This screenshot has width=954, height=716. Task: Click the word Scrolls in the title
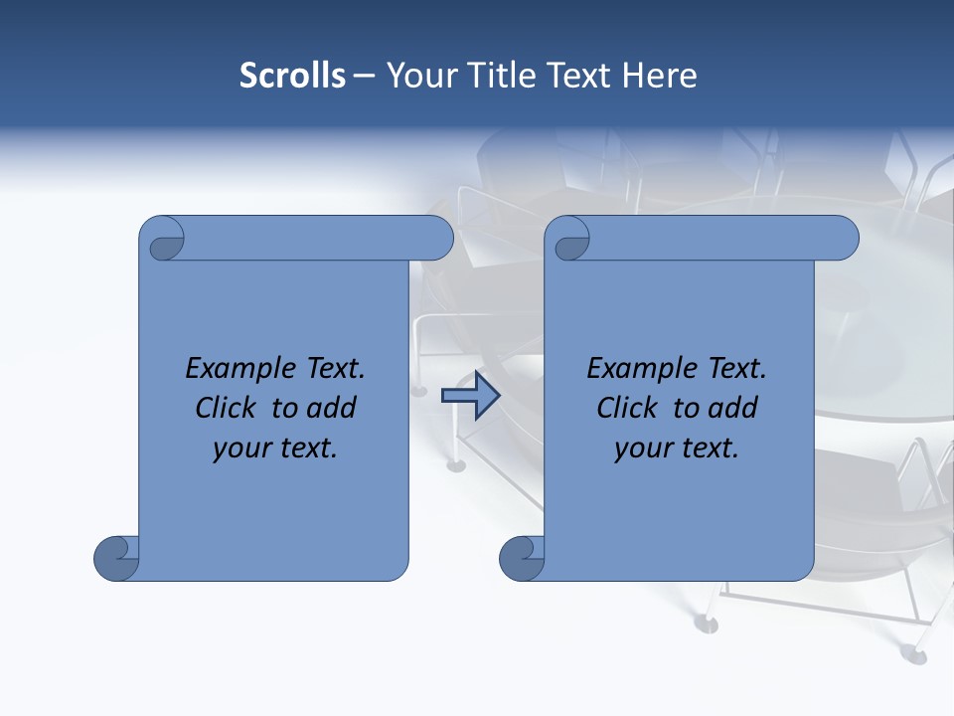[x=292, y=76]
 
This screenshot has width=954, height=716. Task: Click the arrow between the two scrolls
[x=470, y=396]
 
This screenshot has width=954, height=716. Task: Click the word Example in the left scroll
[x=240, y=369]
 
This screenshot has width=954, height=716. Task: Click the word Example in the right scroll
[x=642, y=369]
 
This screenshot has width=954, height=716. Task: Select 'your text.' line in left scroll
[x=275, y=448]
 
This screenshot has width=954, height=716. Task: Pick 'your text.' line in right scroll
[x=677, y=448]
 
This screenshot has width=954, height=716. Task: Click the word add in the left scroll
[x=332, y=409]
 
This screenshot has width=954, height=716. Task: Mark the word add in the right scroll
[x=733, y=409]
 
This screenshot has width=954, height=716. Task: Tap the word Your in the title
[x=418, y=76]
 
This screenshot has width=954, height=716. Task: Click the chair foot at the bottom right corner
[x=912, y=653]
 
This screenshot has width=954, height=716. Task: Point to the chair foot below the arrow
[x=456, y=464]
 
